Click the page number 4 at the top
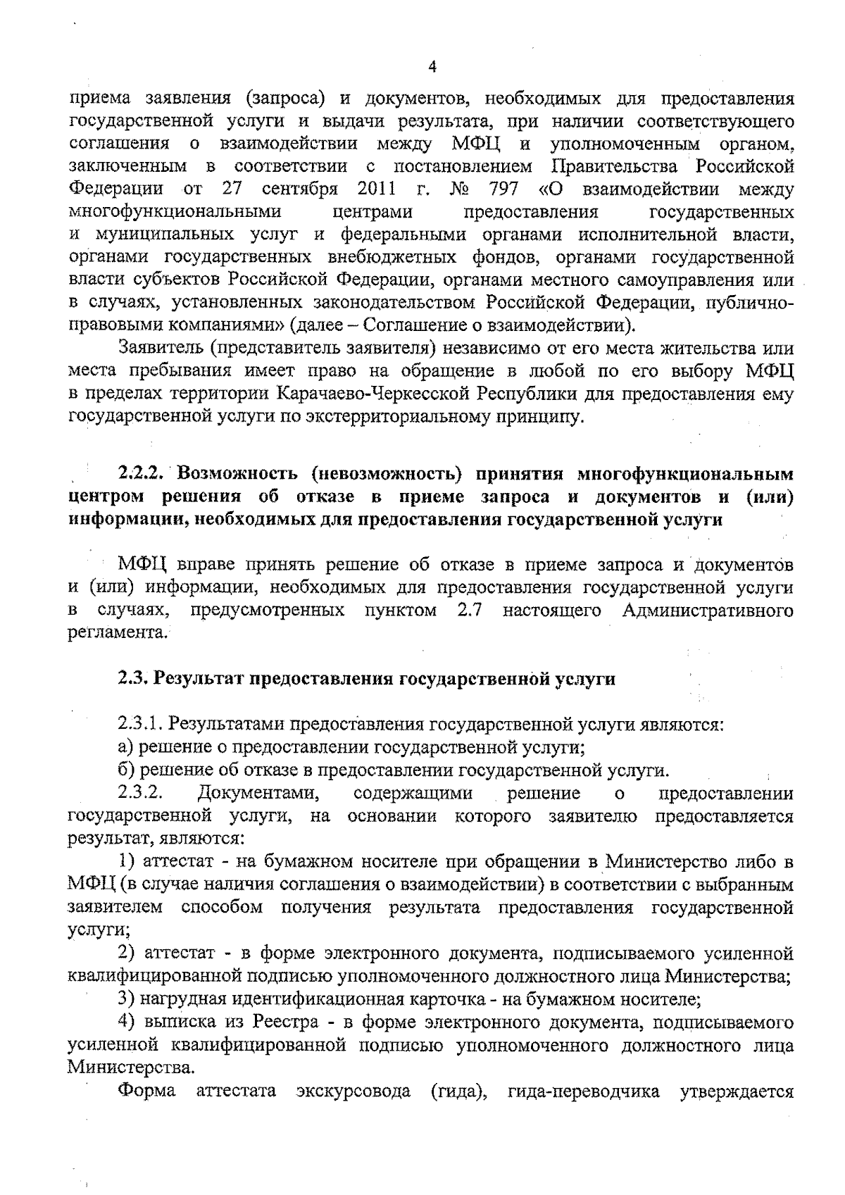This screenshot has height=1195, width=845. (432, 68)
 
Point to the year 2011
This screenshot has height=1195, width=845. (377, 189)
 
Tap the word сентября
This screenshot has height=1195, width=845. (301, 189)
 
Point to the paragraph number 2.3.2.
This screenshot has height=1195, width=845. (140, 794)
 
